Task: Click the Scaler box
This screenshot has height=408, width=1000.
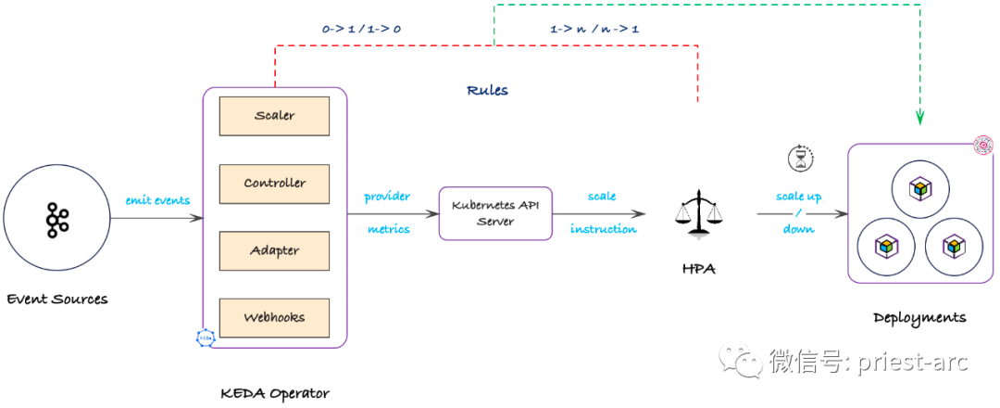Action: click(x=274, y=116)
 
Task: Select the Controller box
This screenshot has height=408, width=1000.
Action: click(x=274, y=184)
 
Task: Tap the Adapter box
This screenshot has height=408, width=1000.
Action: click(x=274, y=250)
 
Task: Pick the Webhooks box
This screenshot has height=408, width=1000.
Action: click(x=274, y=317)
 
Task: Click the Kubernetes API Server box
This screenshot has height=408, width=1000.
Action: click(x=494, y=213)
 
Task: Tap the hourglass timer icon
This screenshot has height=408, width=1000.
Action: click(x=798, y=159)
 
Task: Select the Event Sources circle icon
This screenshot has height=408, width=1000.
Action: click(x=56, y=219)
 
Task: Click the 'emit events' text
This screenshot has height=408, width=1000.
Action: click(x=157, y=200)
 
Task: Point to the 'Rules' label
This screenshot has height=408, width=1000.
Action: click(x=487, y=91)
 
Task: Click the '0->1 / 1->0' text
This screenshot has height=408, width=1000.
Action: click(x=361, y=30)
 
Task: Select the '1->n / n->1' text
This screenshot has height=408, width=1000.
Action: click(x=594, y=30)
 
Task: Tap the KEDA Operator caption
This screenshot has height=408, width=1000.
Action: click(x=274, y=393)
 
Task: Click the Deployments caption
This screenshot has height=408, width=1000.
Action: click(x=919, y=318)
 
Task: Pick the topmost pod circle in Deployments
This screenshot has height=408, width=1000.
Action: click(x=919, y=189)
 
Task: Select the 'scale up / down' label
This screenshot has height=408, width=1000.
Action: click(x=798, y=213)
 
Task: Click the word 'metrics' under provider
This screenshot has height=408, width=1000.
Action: click(x=388, y=229)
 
